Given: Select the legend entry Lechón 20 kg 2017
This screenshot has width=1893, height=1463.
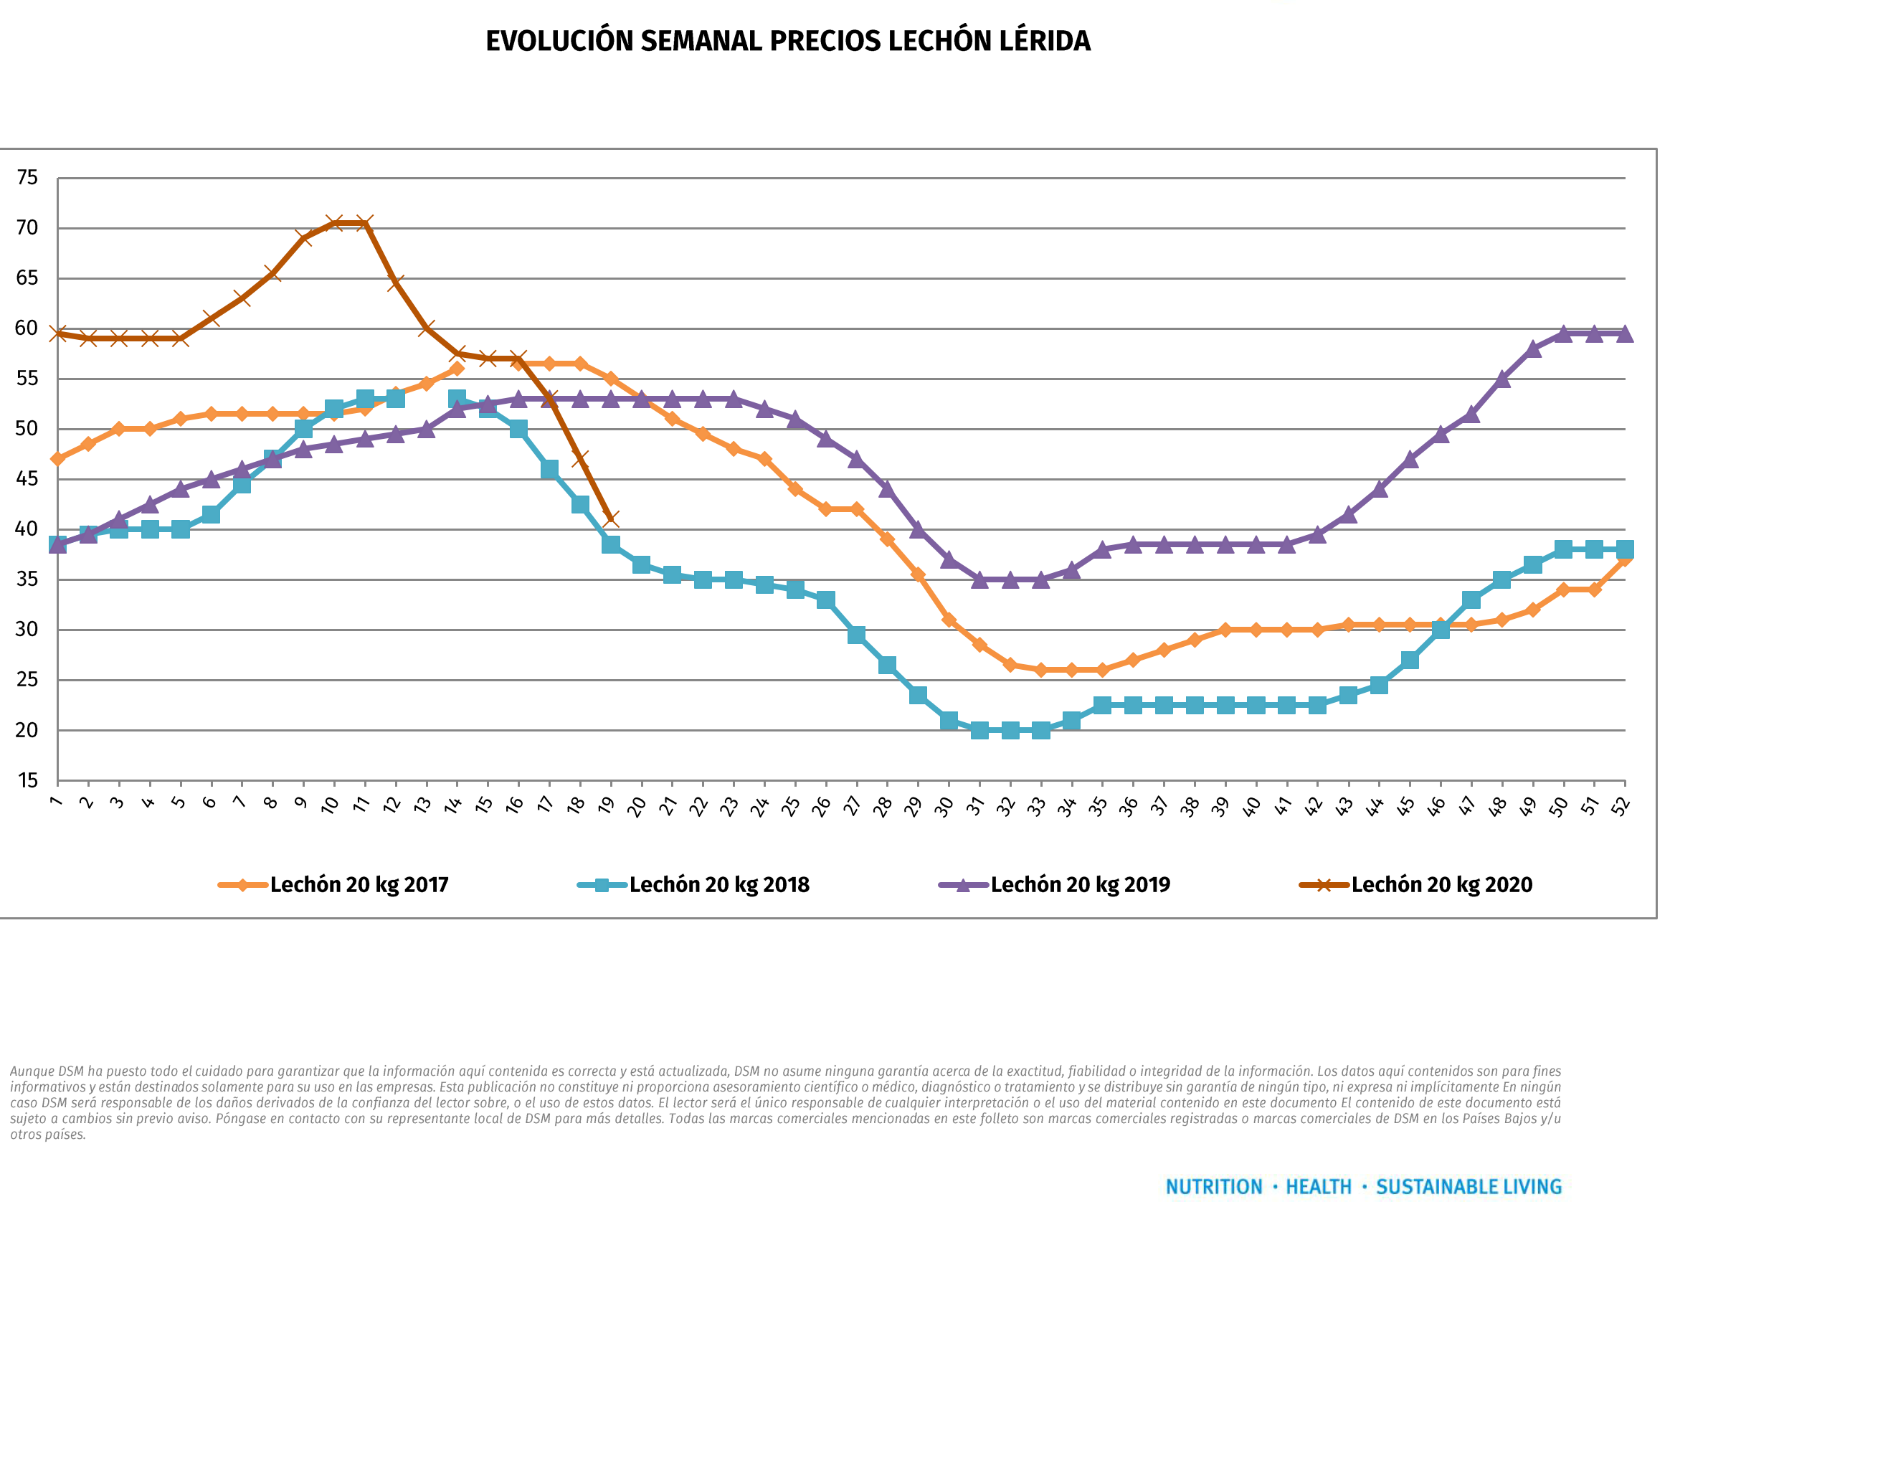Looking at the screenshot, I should click(359, 885).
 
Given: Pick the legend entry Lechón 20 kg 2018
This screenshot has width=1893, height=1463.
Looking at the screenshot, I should click(718, 885).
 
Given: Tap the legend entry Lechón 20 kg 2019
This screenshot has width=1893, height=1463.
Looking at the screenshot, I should click(1080, 885).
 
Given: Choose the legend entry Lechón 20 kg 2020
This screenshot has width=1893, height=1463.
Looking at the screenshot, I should click(1441, 885).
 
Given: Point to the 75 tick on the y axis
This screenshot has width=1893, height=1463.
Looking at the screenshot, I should click(28, 178).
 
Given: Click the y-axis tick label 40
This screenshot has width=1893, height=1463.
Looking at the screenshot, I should click(28, 529).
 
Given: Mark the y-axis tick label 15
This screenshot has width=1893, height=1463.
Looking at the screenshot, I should click(28, 780).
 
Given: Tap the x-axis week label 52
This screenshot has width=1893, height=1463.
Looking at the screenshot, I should click(1620, 806).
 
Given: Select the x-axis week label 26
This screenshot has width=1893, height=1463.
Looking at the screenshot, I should click(821, 806).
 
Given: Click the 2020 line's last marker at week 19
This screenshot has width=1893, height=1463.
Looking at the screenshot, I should click(610, 519).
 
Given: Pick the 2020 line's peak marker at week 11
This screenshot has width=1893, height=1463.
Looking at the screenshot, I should click(365, 223).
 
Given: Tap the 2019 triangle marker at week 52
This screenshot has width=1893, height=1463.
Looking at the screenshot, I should click(1624, 333).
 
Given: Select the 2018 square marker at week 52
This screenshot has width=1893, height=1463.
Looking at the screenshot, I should click(1624, 549).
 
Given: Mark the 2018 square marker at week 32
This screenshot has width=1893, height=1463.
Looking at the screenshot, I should click(1010, 730).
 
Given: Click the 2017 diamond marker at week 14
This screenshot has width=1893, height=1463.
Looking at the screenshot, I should click(457, 369).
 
